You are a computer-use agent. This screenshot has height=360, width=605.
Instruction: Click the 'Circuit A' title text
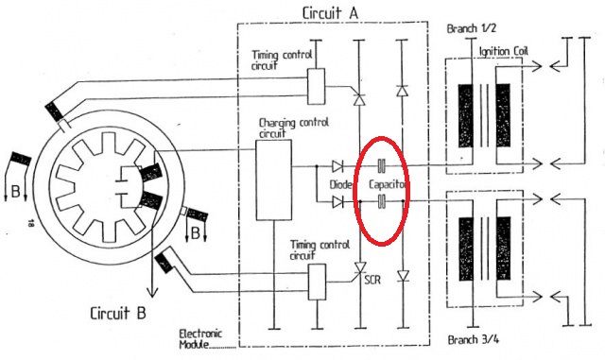coord(330,13)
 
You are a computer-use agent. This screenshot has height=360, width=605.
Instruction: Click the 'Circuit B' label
coord(118,313)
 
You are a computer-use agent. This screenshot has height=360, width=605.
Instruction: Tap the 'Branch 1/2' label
coord(471,28)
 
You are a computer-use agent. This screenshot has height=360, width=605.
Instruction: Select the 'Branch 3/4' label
coord(473,339)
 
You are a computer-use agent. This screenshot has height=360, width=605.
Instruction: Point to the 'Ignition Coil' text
coord(504,51)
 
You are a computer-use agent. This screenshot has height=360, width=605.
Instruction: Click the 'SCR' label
coord(372,280)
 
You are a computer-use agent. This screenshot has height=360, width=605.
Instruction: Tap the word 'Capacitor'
coord(388,184)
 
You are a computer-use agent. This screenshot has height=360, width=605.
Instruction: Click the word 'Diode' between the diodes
coord(340,184)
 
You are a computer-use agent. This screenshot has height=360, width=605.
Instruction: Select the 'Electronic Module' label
coord(200,339)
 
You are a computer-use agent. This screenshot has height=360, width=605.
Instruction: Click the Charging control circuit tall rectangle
coord(273,180)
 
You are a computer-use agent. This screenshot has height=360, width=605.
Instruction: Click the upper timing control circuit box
coord(316,86)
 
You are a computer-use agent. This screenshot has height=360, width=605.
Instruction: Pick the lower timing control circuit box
coord(317,283)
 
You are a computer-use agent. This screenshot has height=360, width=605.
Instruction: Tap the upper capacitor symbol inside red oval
coord(381,166)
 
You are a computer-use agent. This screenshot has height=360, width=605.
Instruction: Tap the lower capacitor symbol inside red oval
coord(381,201)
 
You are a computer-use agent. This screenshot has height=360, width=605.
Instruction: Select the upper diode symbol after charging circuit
coord(337,166)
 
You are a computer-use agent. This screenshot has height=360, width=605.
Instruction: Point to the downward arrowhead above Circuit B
coord(153,292)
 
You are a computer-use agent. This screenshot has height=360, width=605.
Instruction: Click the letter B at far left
coord(15,192)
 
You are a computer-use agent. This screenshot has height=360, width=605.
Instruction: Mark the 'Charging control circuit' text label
coord(293,128)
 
